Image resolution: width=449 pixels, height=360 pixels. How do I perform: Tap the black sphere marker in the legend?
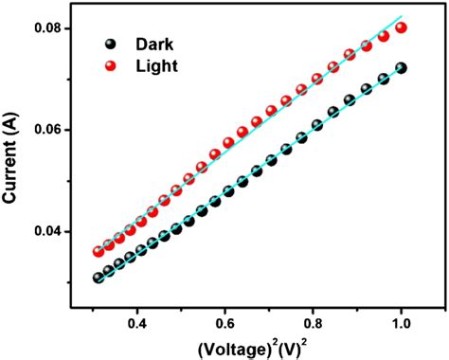113,44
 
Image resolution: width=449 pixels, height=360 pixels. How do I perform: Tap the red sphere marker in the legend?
113,65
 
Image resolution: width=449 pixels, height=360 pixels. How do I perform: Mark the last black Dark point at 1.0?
401,68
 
